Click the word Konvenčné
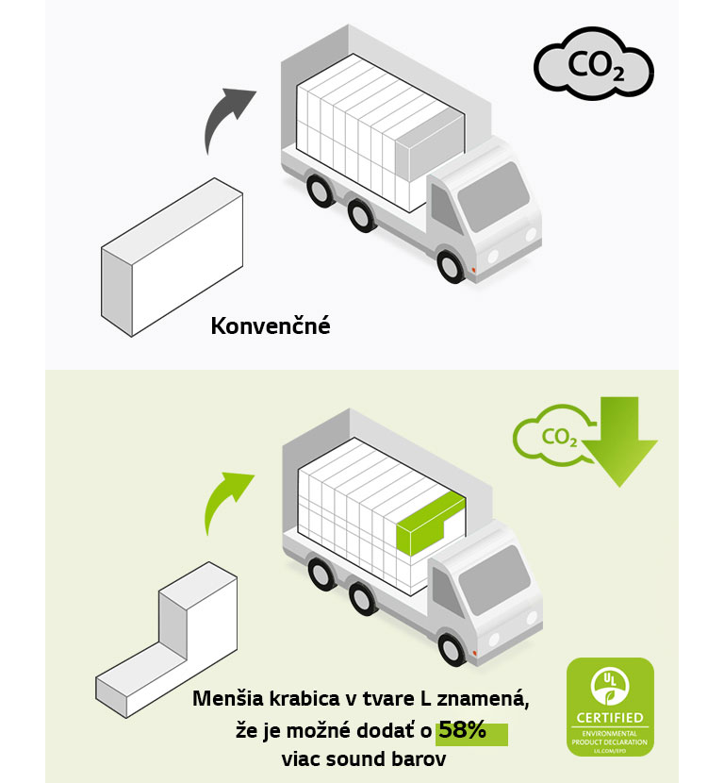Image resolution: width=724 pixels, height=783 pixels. [271, 327]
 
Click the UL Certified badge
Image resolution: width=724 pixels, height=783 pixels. [609, 708]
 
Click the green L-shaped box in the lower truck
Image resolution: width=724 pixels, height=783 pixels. [428, 525]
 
